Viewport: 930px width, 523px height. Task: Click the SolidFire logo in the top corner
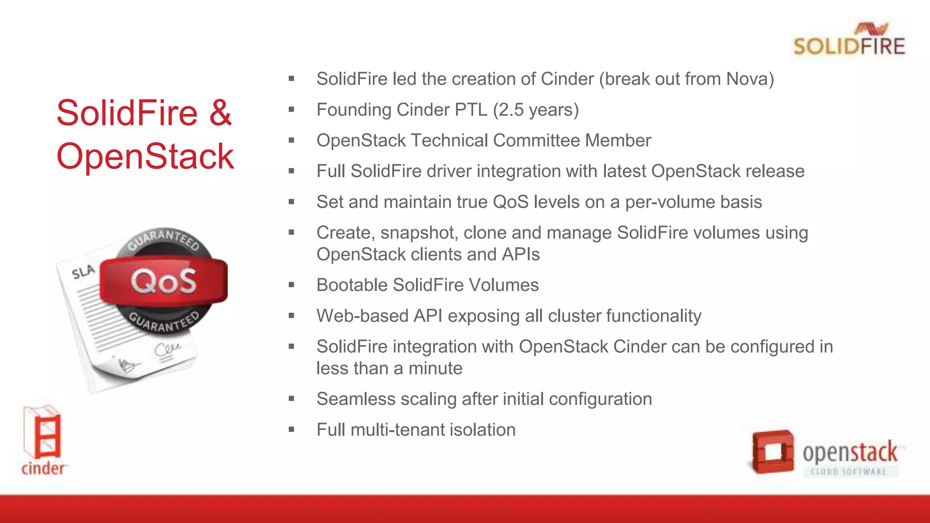849,40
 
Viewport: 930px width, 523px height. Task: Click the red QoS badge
163,281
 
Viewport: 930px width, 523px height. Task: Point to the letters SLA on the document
83,271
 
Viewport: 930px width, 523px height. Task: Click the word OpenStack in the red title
145,156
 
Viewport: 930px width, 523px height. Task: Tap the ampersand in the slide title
220,113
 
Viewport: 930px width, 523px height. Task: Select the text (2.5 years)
536,110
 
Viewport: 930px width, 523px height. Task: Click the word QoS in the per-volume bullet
510,202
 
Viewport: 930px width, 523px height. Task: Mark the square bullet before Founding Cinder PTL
292,110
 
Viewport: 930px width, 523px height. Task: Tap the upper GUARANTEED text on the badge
163,238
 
